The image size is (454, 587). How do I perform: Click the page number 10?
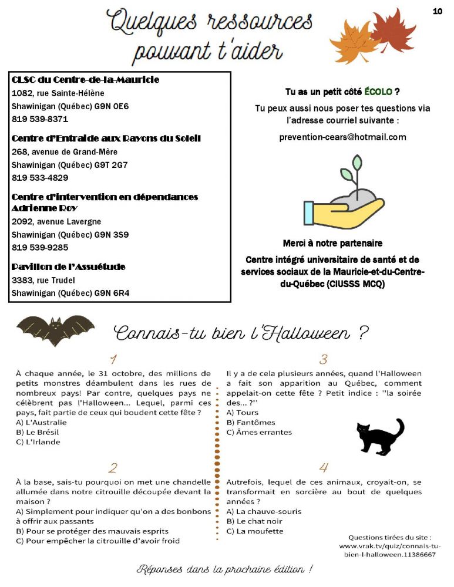pos(437,11)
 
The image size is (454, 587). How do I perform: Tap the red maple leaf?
pos(394,30)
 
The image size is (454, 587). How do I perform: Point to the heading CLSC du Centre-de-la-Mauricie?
pos(85,79)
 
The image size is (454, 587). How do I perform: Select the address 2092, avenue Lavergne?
pos(56,222)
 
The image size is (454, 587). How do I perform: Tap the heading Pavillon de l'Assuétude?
pos(69,267)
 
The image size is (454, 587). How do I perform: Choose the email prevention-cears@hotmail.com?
pos(342,137)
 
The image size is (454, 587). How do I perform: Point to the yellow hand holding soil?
pos(344,210)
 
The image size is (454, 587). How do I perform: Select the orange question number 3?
pos(323,359)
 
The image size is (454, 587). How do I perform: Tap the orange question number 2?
pos(113,468)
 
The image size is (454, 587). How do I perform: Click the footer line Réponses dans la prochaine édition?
pos(225,569)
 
